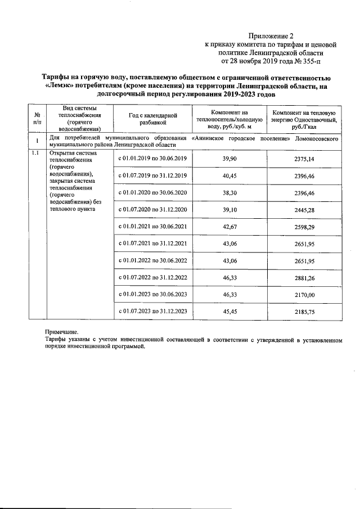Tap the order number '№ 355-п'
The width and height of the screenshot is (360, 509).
(x=308, y=60)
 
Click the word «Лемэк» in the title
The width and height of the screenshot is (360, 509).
(x=60, y=86)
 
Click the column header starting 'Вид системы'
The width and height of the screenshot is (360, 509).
(x=79, y=118)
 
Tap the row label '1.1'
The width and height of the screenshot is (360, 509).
(x=35, y=153)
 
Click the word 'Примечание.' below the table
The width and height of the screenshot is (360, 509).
(x=61, y=332)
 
